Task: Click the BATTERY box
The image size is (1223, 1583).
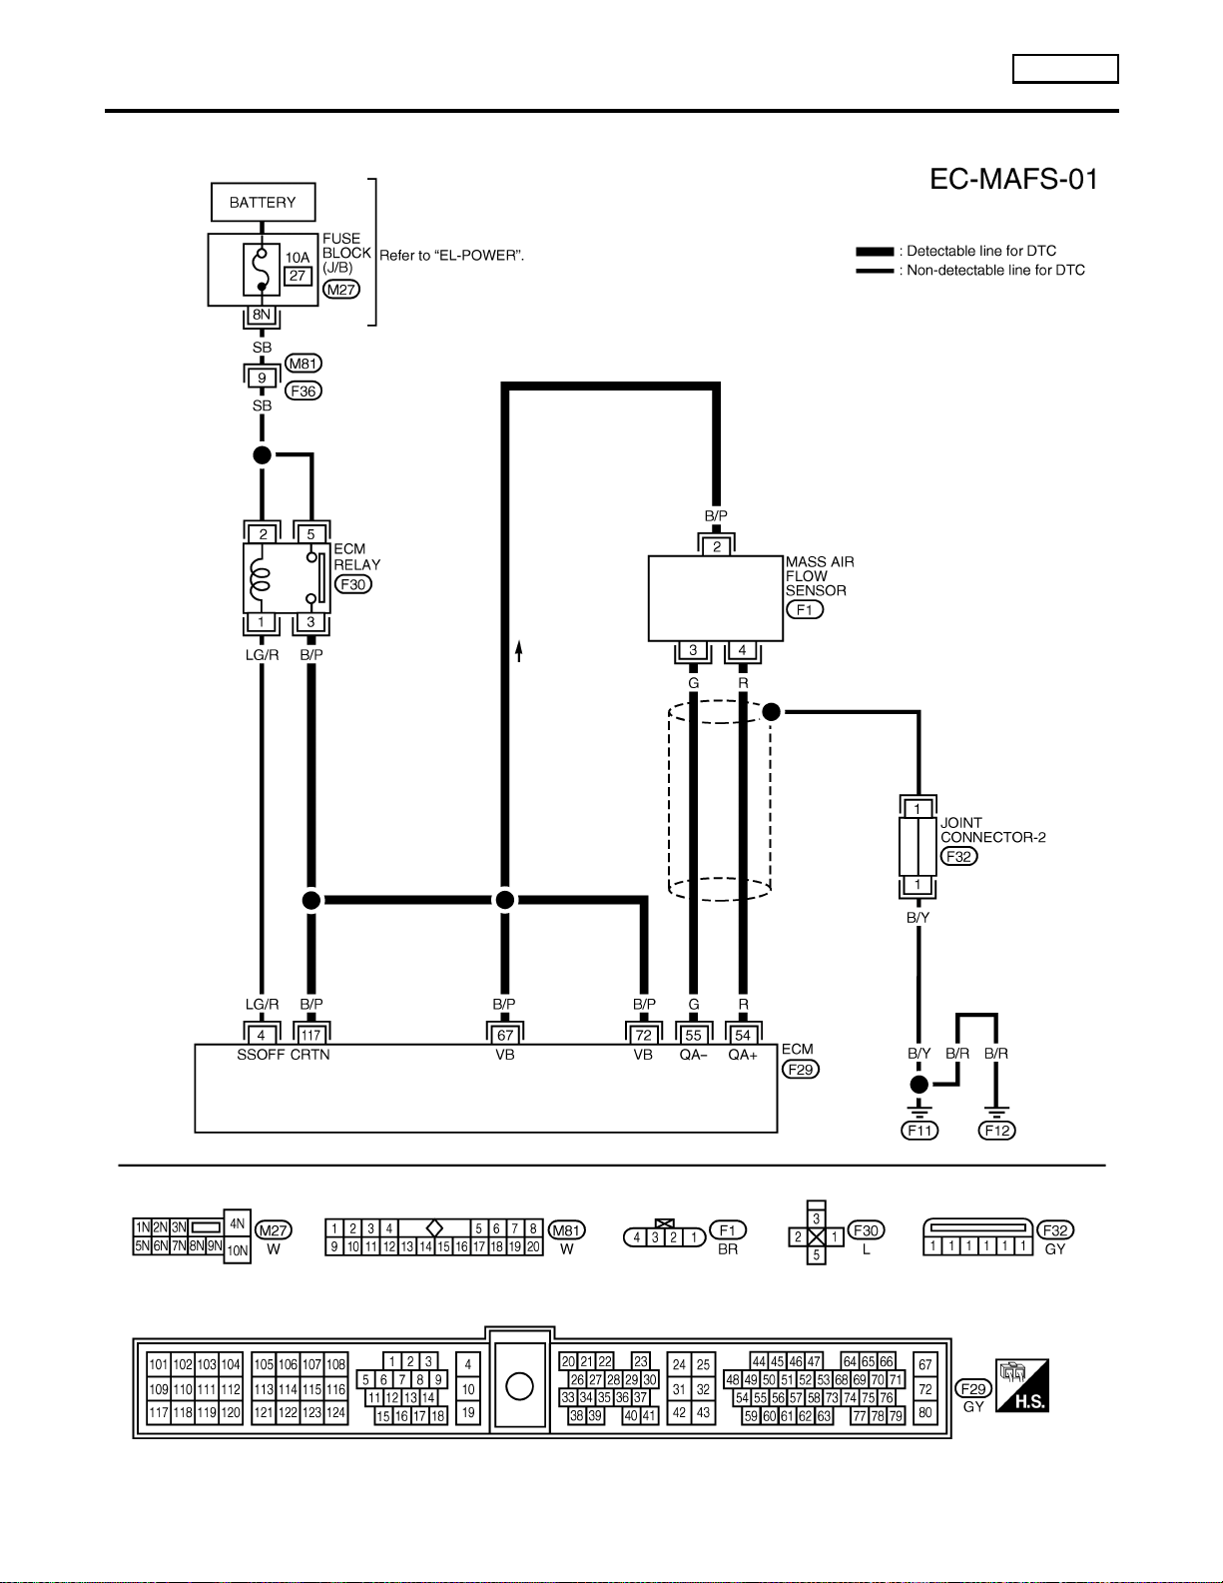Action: point(263,202)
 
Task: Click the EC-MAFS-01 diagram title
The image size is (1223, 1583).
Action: point(1013,179)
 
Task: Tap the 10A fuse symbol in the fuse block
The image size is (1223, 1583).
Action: point(262,270)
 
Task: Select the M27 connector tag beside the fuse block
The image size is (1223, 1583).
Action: point(340,290)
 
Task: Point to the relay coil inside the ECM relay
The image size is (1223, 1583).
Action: point(260,577)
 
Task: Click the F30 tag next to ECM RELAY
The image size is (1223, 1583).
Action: point(353,584)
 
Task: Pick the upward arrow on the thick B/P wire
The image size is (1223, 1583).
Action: point(519,650)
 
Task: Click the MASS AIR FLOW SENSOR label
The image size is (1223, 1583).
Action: point(820,576)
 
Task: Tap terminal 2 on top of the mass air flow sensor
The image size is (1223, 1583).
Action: point(717,546)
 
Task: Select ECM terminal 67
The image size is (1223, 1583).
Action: point(504,1035)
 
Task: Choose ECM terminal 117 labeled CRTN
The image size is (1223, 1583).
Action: point(310,1035)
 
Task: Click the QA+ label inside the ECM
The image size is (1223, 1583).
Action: point(743,1055)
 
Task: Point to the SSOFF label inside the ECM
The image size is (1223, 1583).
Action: point(261,1055)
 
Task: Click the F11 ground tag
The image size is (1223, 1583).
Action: point(919,1130)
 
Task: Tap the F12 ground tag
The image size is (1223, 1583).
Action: point(996,1130)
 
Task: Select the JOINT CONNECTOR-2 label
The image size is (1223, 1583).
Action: point(993,830)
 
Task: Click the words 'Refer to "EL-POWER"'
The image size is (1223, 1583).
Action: point(451,256)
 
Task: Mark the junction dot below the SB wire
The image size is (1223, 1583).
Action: point(262,455)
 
